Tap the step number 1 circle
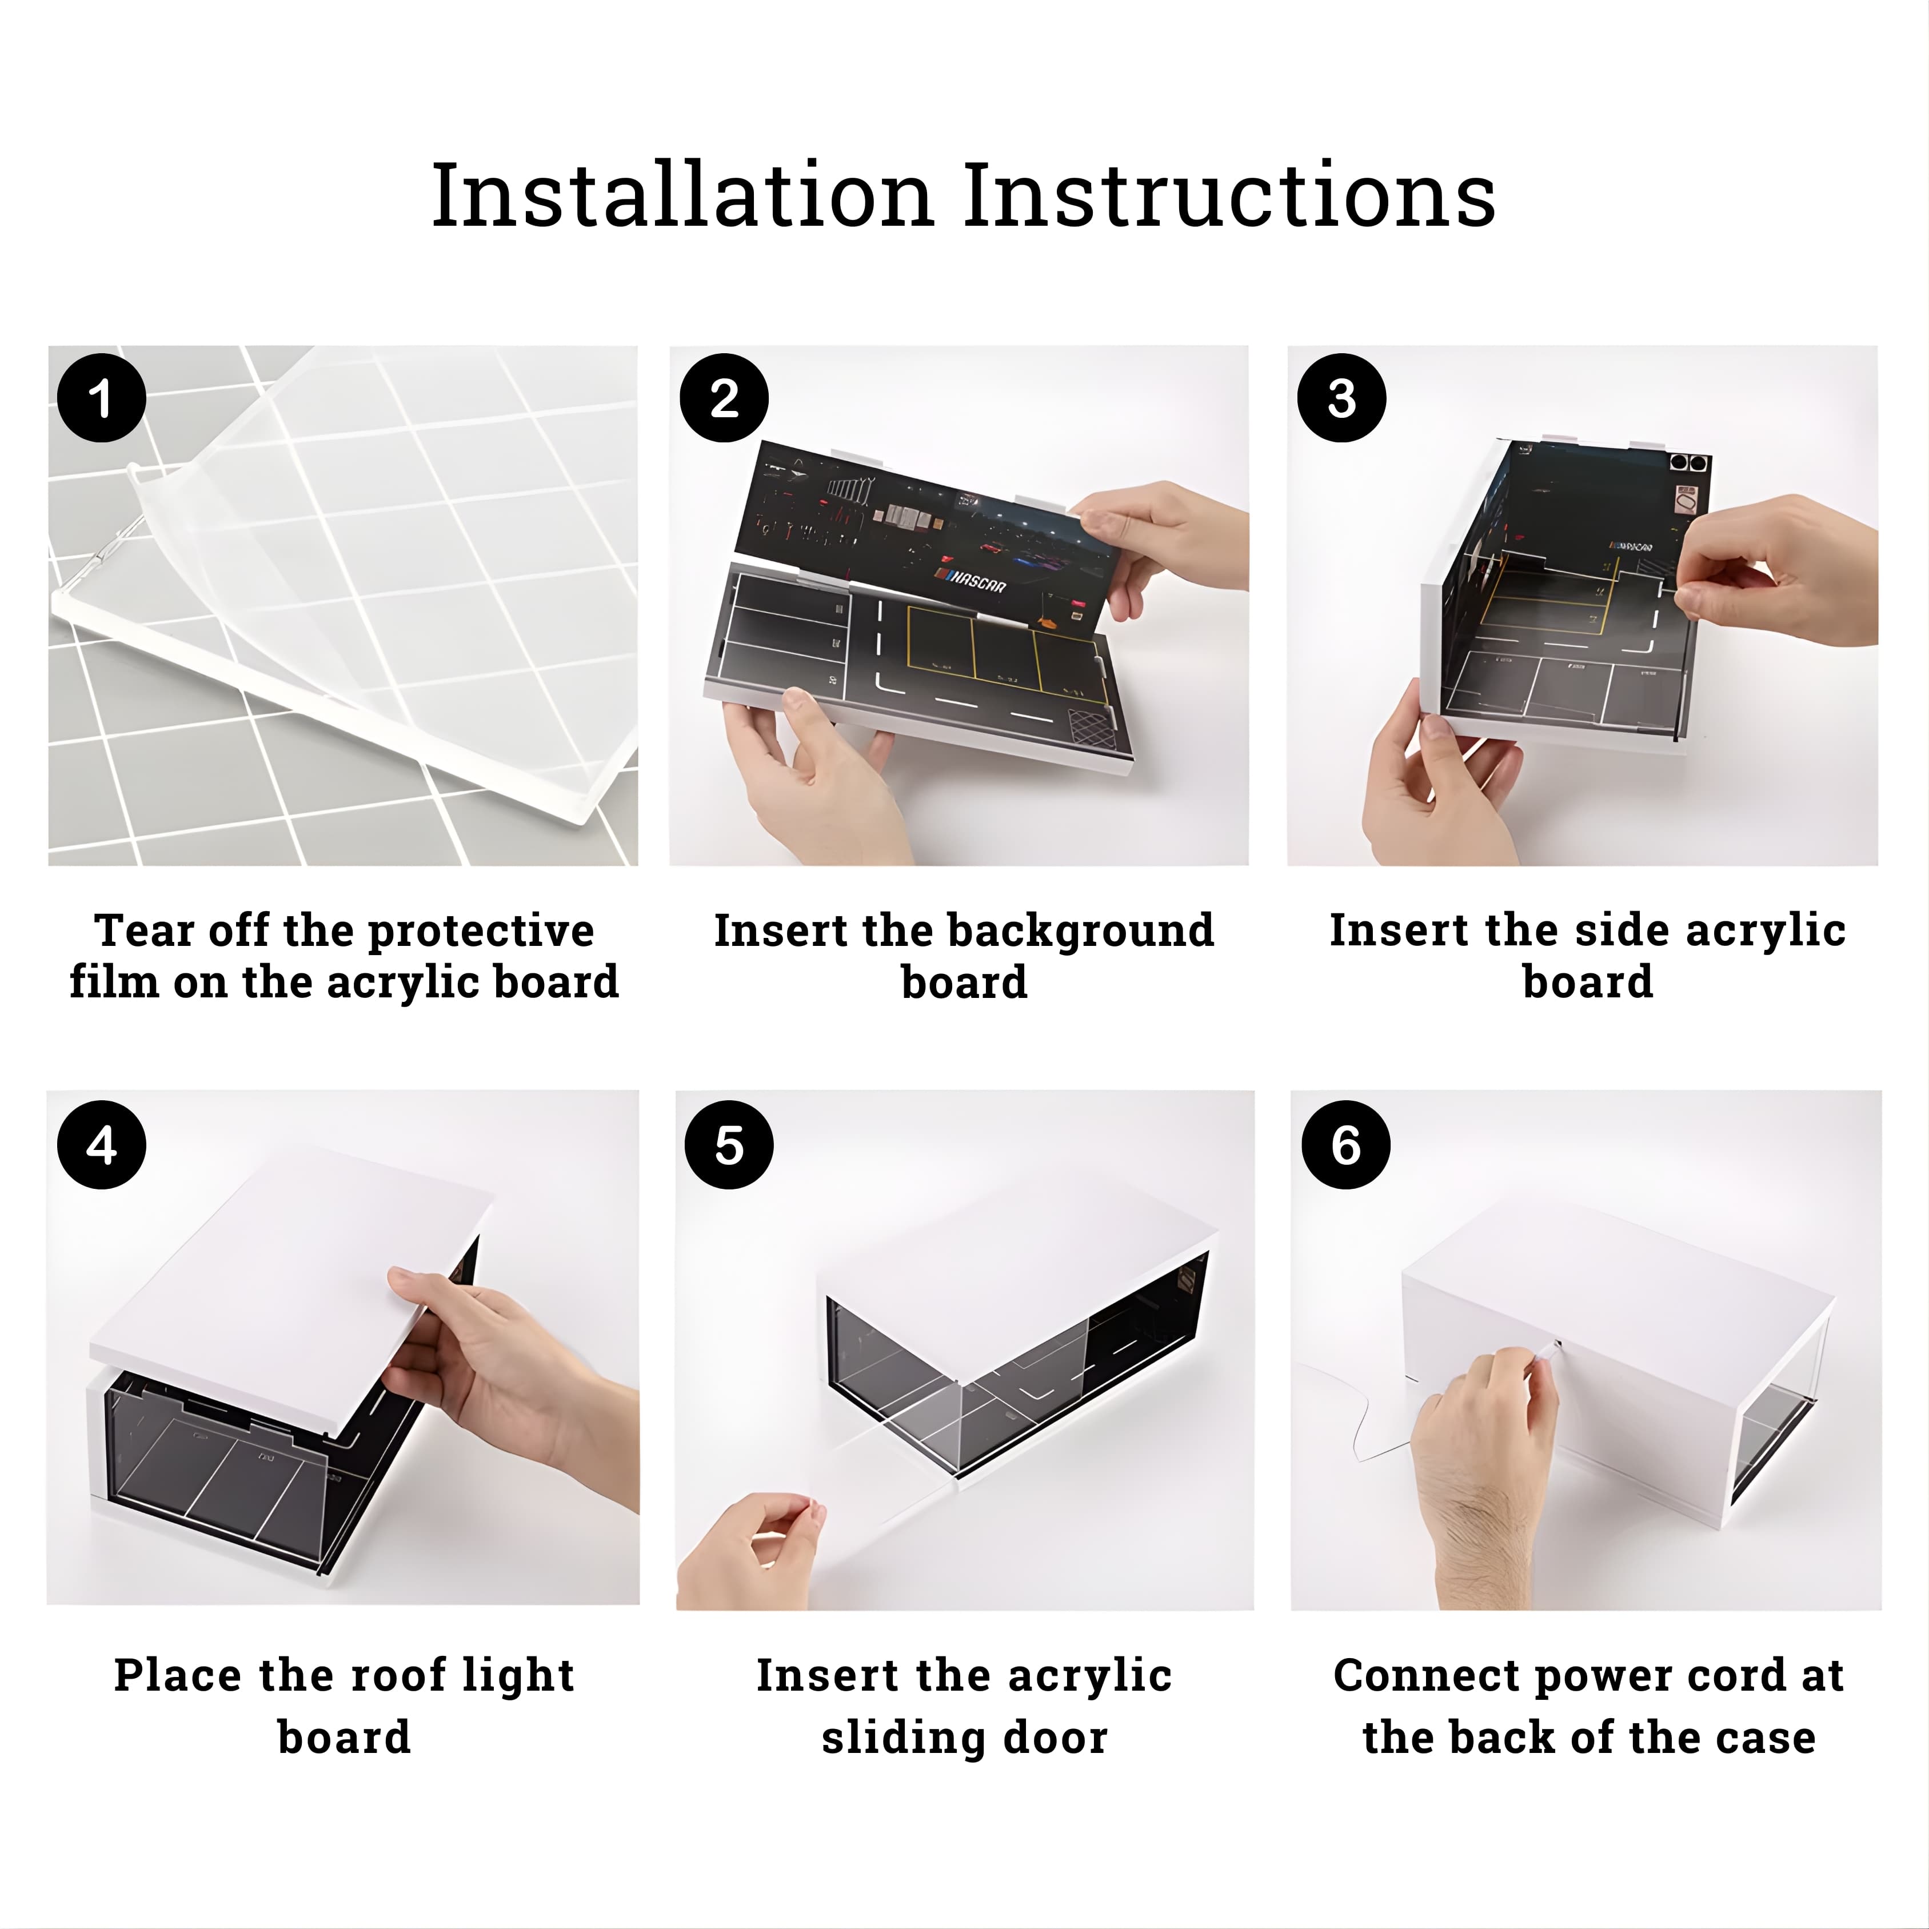(x=101, y=398)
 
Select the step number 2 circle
(x=724, y=398)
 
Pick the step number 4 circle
(x=102, y=1145)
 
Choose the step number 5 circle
(x=729, y=1145)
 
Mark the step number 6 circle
(x=1346, y=1145)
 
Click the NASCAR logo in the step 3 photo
(x=1630, y=546)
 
